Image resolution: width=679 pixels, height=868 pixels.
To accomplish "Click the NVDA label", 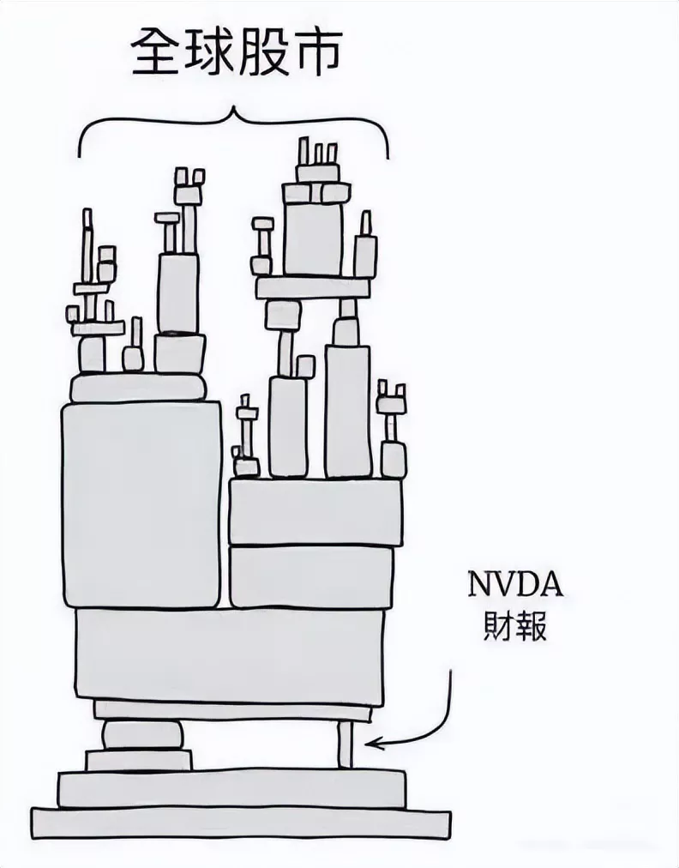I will click(x=515, y=588).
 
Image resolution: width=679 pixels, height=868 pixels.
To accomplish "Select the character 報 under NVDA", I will click(x=533, y=627).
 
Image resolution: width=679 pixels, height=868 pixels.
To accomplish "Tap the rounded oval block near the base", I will click(x=142, y=735).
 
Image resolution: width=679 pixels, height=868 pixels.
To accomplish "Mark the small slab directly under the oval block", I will click(x=138, y=760).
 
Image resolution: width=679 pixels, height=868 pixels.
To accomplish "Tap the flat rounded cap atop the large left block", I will click(x=138, y=389).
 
